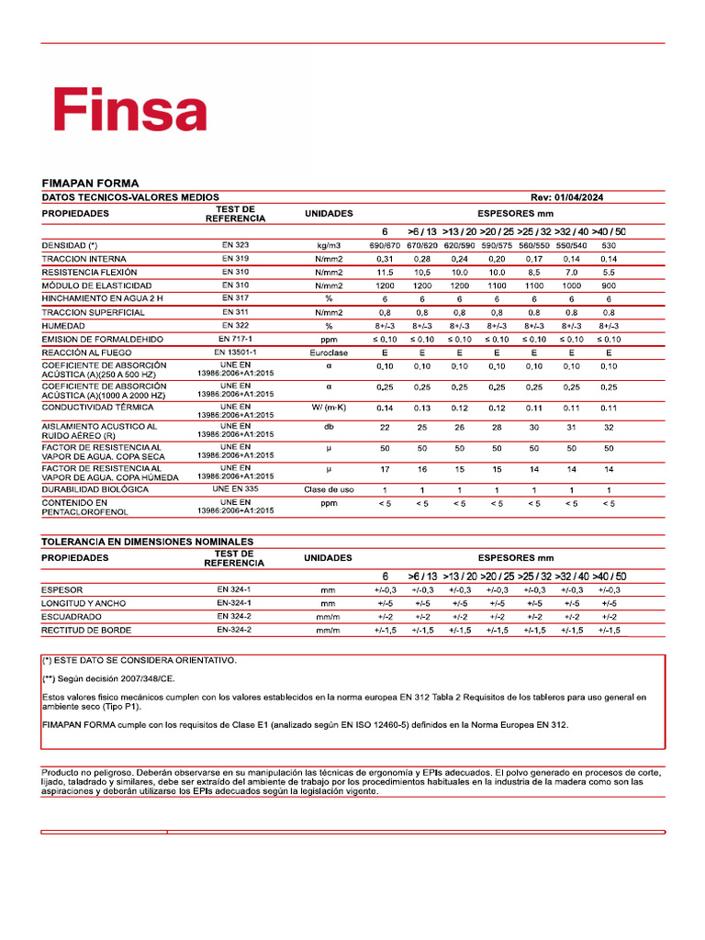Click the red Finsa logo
pos(129,111)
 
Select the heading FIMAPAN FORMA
pos(91,184)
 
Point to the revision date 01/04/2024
pos(579,197)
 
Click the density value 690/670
pos(385,246)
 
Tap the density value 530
pos(609,246)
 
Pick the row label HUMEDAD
pos(64,326)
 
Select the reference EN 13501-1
pos(235,352)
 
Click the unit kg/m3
pos(328,246)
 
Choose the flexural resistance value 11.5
pos(385,273)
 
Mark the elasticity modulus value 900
pos(609,285)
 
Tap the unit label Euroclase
pos(328,352)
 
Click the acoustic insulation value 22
pos(385,428)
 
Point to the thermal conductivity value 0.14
pos(385,408)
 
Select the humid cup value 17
pos(385,469)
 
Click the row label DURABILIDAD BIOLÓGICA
pos(95,489)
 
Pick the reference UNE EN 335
pos(235,489)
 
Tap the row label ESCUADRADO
pos(72,617)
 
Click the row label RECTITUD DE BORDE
pos(86,631)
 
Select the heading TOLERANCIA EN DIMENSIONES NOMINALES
pos(148,542)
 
